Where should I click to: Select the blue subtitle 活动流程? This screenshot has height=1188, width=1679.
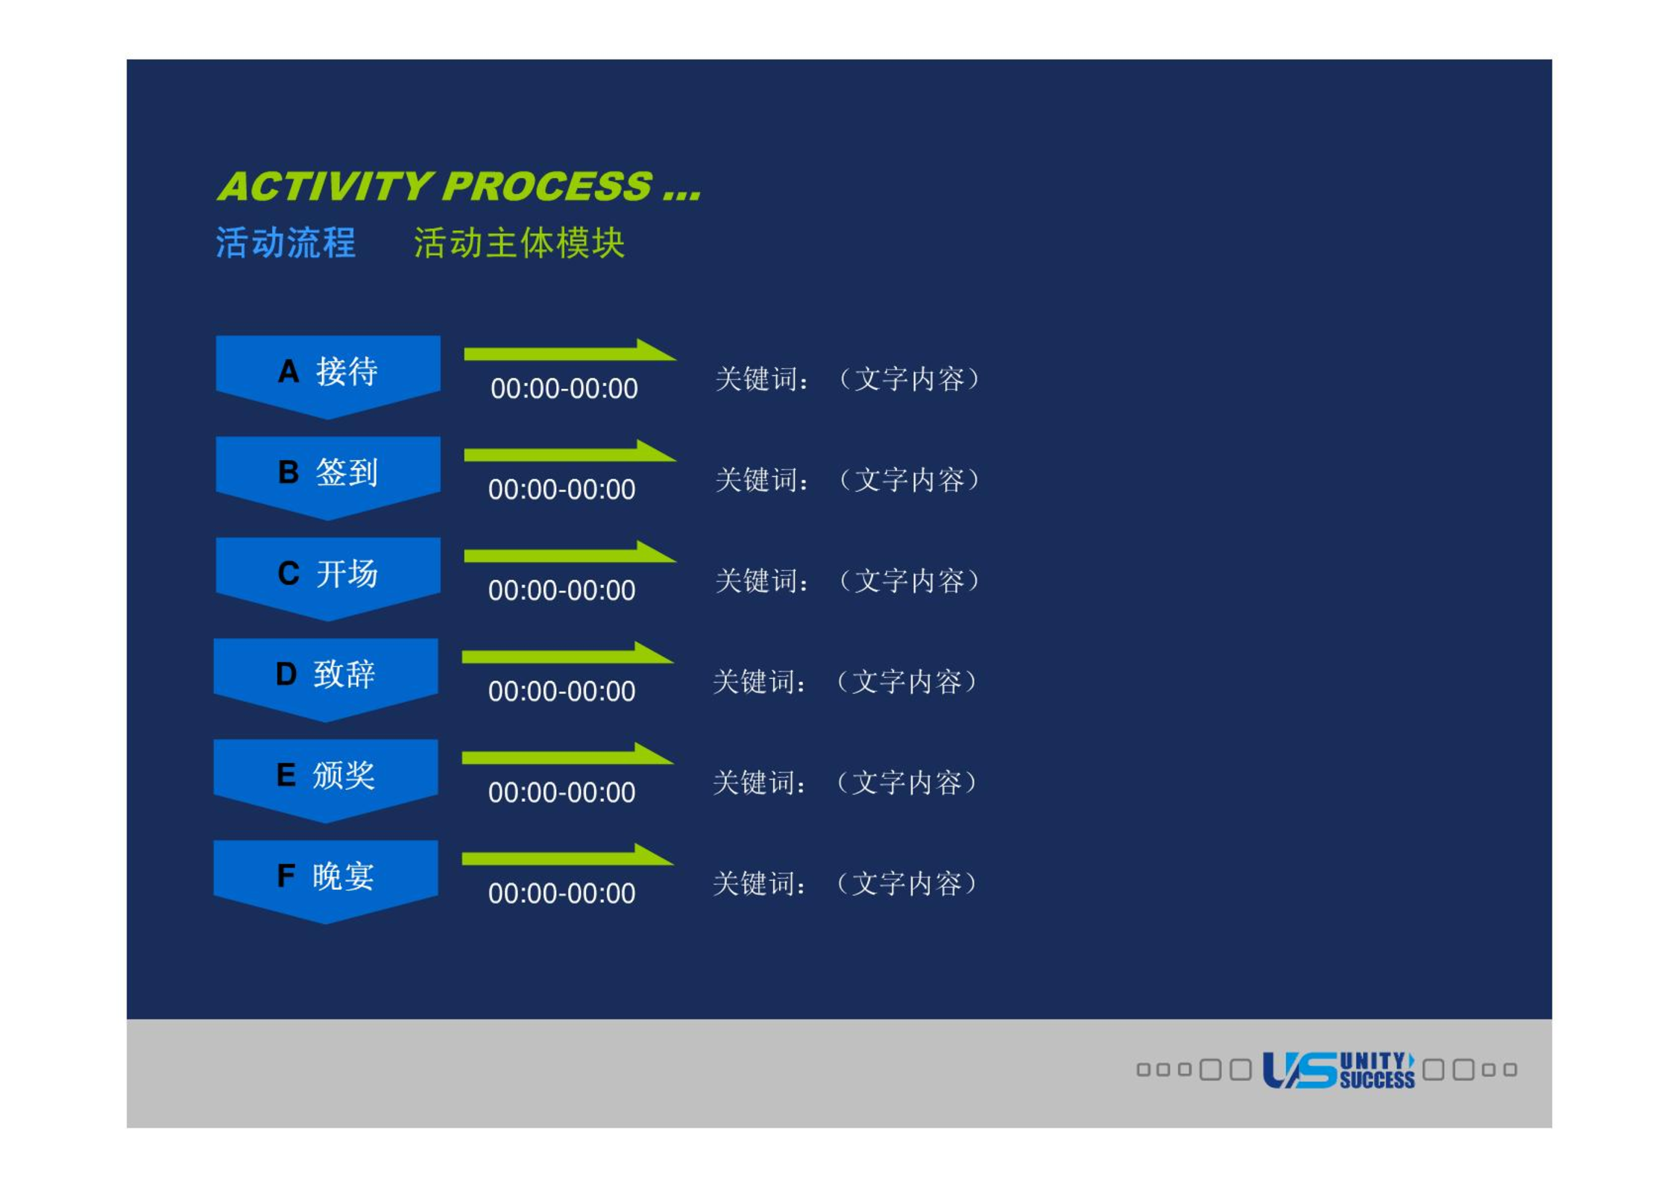[x=286, y=243]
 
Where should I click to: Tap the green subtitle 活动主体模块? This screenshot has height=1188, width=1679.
[x=520, y=243]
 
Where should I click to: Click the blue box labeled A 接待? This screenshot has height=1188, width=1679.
[x=328, y=375]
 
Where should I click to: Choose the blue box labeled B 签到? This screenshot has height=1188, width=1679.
[x=328, y=476]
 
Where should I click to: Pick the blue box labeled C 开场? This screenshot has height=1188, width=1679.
[x=328, y=577]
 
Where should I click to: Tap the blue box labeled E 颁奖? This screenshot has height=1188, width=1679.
[x=326, y=779]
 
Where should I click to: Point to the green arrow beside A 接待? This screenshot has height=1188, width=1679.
[x=570, y=351]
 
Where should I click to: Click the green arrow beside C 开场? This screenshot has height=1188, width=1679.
[x=570, y=553]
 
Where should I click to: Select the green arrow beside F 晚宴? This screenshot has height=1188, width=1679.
[x=567, y=856]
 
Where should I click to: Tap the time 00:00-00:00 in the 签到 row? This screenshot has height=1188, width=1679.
[x=562, y=490]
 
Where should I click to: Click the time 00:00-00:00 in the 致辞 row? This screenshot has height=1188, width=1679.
[x=562, y=692]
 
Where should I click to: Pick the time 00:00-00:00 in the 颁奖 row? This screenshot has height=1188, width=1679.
[x=562, y=792]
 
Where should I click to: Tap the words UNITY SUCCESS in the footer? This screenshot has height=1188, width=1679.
[x=1377, y=1070]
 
